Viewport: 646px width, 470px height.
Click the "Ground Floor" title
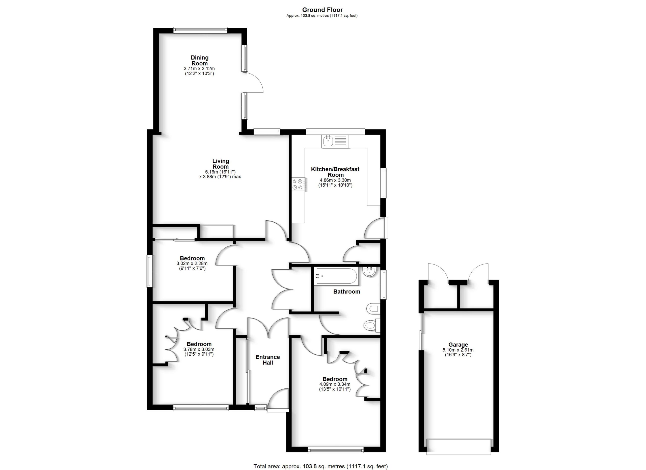coord(322,10)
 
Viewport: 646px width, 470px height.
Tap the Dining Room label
coord(199,60)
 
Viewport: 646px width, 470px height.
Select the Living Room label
coord(221,164)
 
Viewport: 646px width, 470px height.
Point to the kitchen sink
coord(335,142)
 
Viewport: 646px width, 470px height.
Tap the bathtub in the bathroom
coord(336,276)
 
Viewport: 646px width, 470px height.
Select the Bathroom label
coord(346,291)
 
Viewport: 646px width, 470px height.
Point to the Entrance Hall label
coord(267,360)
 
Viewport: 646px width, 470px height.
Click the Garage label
coord(458,345)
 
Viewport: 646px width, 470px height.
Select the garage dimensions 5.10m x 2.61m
coord(458,352)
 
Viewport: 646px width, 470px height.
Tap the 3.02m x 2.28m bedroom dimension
coord(192,266)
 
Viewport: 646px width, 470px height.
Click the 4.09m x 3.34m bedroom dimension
coord(335,386)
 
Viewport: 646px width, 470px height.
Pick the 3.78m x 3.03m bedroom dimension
coord(199,352)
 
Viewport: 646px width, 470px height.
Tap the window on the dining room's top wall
coord(200,30)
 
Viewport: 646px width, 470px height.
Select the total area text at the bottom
coord(320,466)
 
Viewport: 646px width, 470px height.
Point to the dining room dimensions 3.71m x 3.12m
coord(199,71)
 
